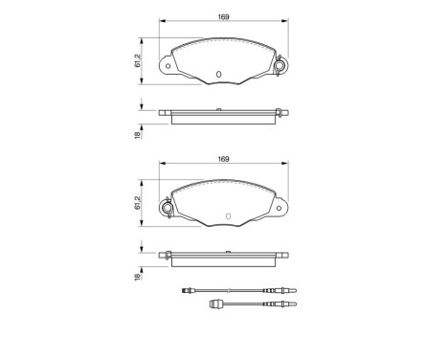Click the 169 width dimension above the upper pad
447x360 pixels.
[224, 17]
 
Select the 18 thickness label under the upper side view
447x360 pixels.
[140, 134]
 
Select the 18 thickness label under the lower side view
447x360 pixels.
[140, 276]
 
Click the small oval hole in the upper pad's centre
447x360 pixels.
[218, 74]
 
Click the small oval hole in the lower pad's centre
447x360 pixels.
[226, 214]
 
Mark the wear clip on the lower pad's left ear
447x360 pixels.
[169, 207]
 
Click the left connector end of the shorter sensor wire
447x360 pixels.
[214, 306]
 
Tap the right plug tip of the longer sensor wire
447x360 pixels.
[299, 290]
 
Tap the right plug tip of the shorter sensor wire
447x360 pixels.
[298, 306]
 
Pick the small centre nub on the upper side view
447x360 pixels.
[218, 110]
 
